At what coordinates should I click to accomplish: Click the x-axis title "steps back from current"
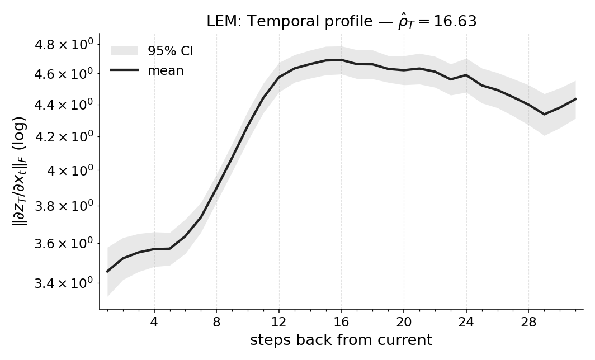341,340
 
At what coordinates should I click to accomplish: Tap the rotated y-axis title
20,170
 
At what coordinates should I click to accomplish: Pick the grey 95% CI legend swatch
124,51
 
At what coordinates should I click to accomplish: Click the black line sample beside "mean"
124,70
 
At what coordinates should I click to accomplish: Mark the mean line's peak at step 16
341,60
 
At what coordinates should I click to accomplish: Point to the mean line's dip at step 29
544,114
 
